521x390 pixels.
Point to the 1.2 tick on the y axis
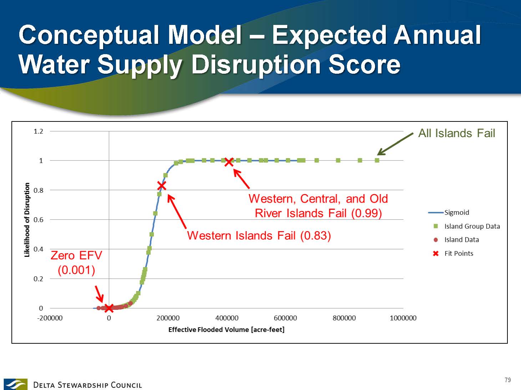pos(39,131)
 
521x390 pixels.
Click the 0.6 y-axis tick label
pos(39,220)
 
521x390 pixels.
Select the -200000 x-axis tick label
pos(50,318)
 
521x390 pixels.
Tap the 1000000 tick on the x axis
pos(403,318)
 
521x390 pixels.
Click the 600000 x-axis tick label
pos(285,318)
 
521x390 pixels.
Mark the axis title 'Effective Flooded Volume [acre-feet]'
pos(227,329)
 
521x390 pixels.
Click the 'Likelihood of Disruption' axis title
pos(27,220)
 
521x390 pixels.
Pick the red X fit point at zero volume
pos(109,308)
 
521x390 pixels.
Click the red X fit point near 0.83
pos(162,186)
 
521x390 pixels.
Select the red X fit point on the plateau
pos(229,162)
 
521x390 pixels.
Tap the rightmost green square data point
pos(377,160)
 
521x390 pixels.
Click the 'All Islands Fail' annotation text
pos(457,133)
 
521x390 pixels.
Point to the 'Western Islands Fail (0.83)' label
pos(259,236)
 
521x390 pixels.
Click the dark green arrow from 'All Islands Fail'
pos(395,144)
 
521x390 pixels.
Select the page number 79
pos(508,380)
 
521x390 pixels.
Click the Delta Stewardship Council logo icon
pos(15,384)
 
